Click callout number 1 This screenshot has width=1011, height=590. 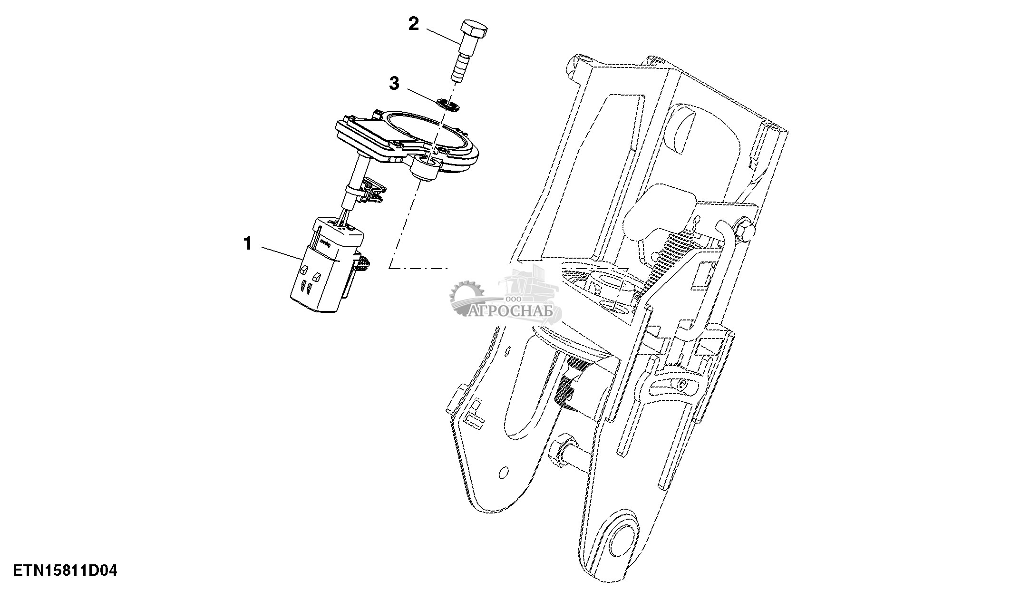247,244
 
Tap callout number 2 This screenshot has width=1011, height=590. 414,24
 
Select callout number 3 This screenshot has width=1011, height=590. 394,84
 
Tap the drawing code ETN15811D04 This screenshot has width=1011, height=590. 65,571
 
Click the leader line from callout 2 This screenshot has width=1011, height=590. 442,37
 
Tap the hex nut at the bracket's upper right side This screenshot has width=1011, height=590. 744,228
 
